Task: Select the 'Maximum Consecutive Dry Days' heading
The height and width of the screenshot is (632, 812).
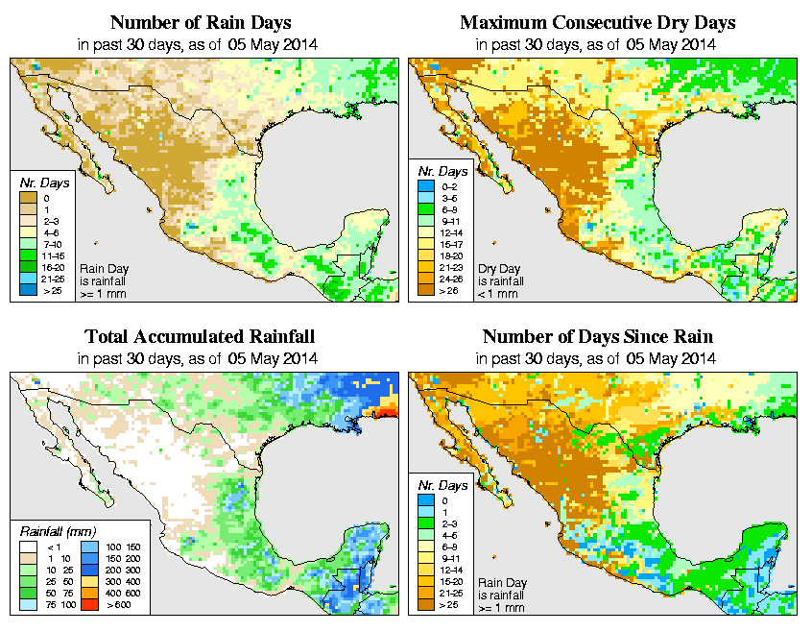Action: (597, 22)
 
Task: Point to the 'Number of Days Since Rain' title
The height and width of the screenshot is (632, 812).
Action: (597, 337)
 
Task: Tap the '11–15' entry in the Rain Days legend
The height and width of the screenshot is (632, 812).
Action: (53, 256)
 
